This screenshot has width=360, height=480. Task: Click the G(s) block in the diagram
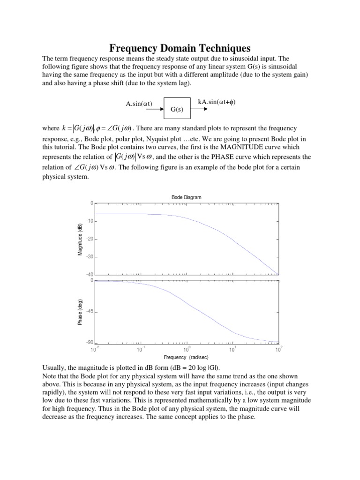177,109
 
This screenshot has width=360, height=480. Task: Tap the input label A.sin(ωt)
139,104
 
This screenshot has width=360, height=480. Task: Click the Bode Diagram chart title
186,197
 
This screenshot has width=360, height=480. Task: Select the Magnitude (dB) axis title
80,239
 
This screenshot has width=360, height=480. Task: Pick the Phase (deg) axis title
80,312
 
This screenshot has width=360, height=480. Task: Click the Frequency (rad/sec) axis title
186,357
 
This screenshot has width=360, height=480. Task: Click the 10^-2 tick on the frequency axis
95,349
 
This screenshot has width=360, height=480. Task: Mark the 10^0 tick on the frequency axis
187,349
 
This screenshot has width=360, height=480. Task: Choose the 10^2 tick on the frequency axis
278,349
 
